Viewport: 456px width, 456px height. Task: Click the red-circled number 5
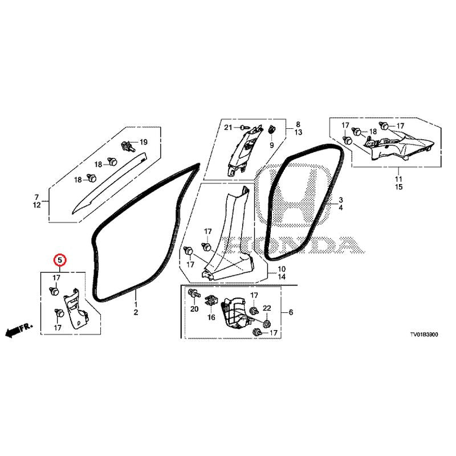coord(60,260)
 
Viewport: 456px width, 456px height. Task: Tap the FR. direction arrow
coord(19,331)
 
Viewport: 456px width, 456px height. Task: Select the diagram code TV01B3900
coord(424,335)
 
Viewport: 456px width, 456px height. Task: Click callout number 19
coord(144,142)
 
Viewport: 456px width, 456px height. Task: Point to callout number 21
coord(229,127)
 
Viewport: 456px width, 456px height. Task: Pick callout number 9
coord(272,145)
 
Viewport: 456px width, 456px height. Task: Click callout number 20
coord(194,309)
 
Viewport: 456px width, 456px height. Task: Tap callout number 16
coord(211,317)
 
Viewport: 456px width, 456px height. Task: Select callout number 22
coord(267,308)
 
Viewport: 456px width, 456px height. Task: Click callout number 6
coord(291,312)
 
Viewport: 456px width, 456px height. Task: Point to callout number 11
coord(398,179)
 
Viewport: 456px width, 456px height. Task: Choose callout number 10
coord(282,269)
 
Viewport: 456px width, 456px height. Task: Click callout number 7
coord(36,197)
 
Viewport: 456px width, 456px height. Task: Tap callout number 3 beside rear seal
coord(340,200)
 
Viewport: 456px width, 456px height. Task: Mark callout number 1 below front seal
coord(136,304)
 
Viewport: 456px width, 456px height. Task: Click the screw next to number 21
coord(244,127)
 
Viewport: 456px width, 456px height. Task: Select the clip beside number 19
coord(128,145)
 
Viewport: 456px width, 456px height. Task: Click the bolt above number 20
coord(194,293)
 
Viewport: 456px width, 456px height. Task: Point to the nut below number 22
coord(266,323)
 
